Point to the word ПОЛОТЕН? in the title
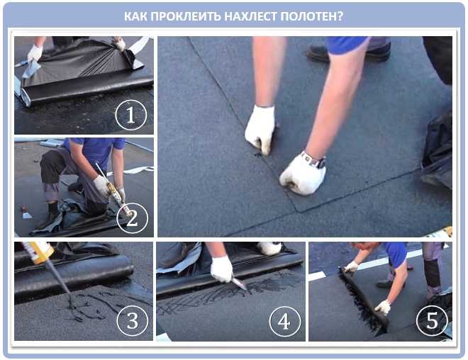312,17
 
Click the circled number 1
131,115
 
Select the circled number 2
132,218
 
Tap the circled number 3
133,320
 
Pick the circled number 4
284,322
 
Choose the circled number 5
432,320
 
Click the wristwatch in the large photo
313,160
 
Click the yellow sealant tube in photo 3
38,252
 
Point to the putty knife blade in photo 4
240,283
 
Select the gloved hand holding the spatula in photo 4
221,269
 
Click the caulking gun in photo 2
114,190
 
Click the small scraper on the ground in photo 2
26,213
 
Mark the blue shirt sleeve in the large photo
347,45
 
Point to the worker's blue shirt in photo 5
396,253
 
